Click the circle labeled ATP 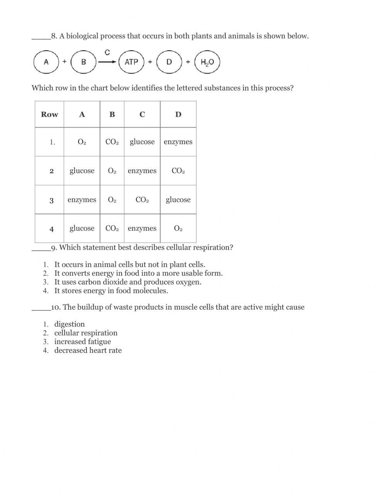pyautogui.click(x=131, y=62)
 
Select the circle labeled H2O pyautogui.click(x=207, y=62)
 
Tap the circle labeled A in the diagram pyautogui.click(x=46, y=62)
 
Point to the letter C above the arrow pyautogui.click(x=107, y=53)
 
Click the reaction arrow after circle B pyautogui.click(x=107, y=62)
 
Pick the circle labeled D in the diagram pyautogui.click(x=169, y=62)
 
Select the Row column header pyautogui.click(x=49, y=114)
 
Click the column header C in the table pyautogui.click(x=142, y=114)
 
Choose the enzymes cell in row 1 pyautogui.click(x=178, y=142)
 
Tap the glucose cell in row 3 pyautogui.click(x=178, y=200)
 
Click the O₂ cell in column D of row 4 pyautogui.click(x=178, y=228)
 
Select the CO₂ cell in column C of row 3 pyautogui.click(x=142, y=200)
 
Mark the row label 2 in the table pyautogui.click(x=51, y=171)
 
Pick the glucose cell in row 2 pyautogui.click(x=82, y=171)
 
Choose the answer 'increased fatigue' pyautogui.click(x=82, y=342)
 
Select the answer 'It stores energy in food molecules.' pyautogui.click(x=111, y=291)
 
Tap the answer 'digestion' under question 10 pyautogui.click(x=69, y=324)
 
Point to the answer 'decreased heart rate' pyautogui.click(x=88, y=351)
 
